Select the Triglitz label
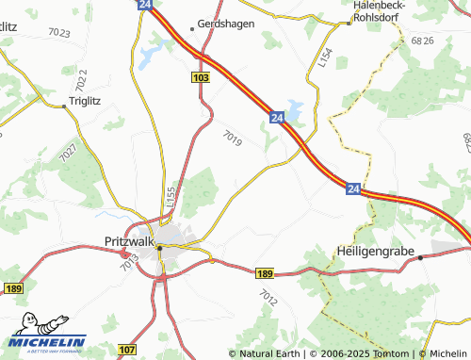pyautogui.click(x=91, y=100)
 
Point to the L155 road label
pyautogui.click(x=170, y=196)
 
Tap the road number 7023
pyautogui.click(x=58, y=33)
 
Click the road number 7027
pyautogui.click(x=67, y=150)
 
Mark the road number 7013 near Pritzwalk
pyautogui.click(x=130, y=266)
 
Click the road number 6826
pyautogui.click(x=422, y=41)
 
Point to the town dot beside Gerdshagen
pyautogui.click(x=191, y=27)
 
